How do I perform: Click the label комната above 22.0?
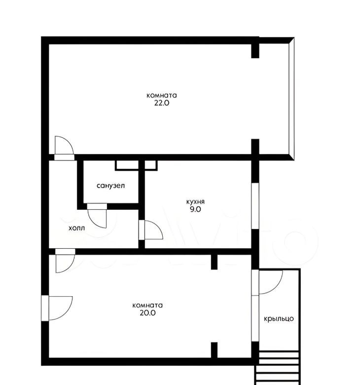point(161,95)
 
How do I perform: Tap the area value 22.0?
point(162,103)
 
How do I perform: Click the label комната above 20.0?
point(147,306)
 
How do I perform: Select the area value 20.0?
point(148,313)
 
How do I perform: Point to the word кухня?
point(195,202)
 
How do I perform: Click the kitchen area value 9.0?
point(195,209)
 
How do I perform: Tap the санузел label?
point(110,186)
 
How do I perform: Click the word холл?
point(76,228)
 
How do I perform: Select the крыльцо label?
point(279,319)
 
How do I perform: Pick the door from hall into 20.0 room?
point(65,261)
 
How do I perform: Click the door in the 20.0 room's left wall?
point(57,308)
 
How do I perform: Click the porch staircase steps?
point(278,368)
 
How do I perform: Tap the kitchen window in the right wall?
point(255,206)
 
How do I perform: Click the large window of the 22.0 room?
point(291,99)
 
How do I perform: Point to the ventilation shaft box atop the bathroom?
point(136,165)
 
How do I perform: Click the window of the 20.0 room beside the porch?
point(255,318)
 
